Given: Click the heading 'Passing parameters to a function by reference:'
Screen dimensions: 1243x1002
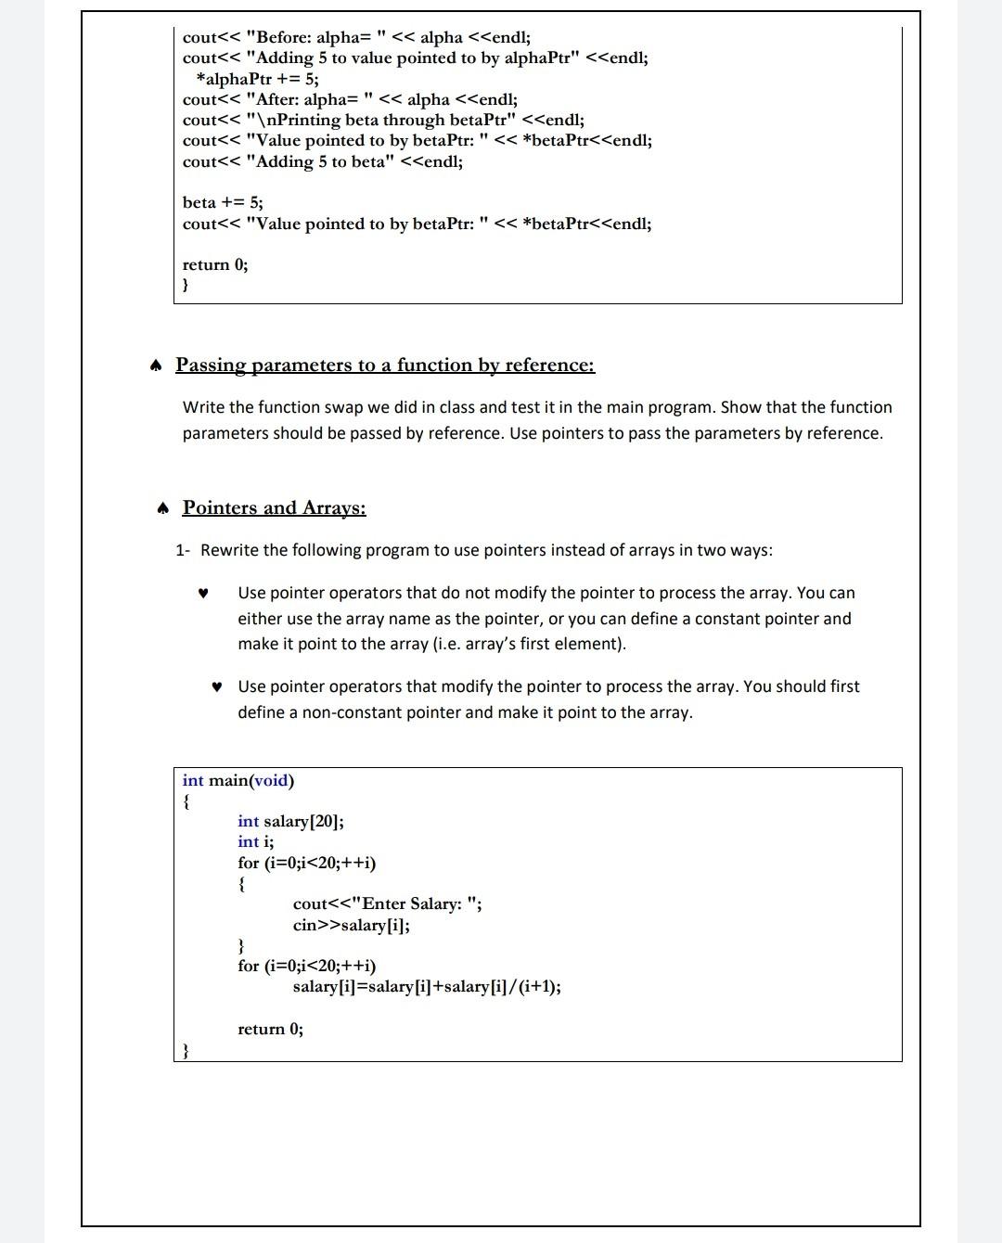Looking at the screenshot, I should pos(385,365).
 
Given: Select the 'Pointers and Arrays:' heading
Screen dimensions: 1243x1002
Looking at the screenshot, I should pos(274,507).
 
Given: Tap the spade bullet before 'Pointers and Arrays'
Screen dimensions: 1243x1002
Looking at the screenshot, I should pos(162,508).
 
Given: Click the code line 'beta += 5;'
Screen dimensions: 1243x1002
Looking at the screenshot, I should pos(223,202).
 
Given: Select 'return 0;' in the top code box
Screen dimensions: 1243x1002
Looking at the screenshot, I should pos(215,264).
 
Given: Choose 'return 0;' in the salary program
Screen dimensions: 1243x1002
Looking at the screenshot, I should pos(270,1029).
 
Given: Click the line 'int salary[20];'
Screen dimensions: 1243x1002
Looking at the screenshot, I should pos(290,821).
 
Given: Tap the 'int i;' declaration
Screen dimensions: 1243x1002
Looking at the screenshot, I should pos(255,841).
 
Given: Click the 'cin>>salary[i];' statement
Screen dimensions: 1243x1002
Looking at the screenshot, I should pos(351,925).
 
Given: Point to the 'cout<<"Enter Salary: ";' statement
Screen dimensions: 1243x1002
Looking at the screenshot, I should pos(387,903).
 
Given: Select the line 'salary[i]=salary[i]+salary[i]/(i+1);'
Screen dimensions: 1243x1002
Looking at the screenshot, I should pos(426,986).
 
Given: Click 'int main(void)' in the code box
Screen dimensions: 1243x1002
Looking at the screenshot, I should pos(238,780).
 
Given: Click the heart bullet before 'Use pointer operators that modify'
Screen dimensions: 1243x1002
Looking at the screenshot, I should pos(216,687).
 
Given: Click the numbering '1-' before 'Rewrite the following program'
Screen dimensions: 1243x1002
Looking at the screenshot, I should pos(183,550).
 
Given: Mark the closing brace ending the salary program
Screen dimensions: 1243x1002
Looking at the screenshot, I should pos(186,1050).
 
